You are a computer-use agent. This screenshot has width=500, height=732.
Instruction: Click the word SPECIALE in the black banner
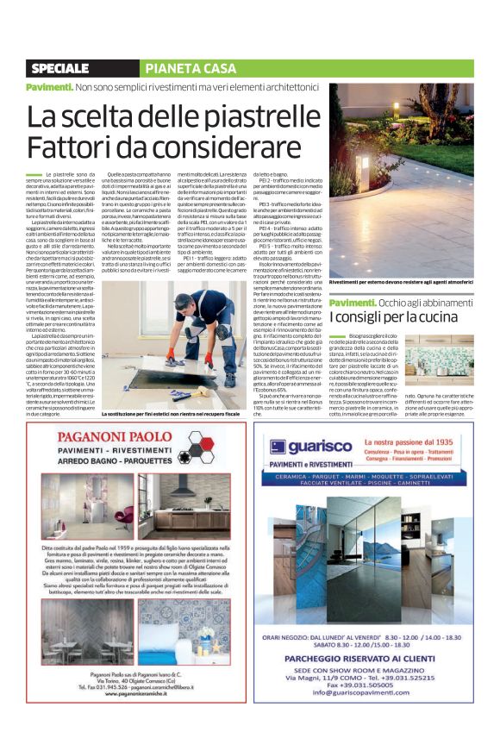64,68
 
